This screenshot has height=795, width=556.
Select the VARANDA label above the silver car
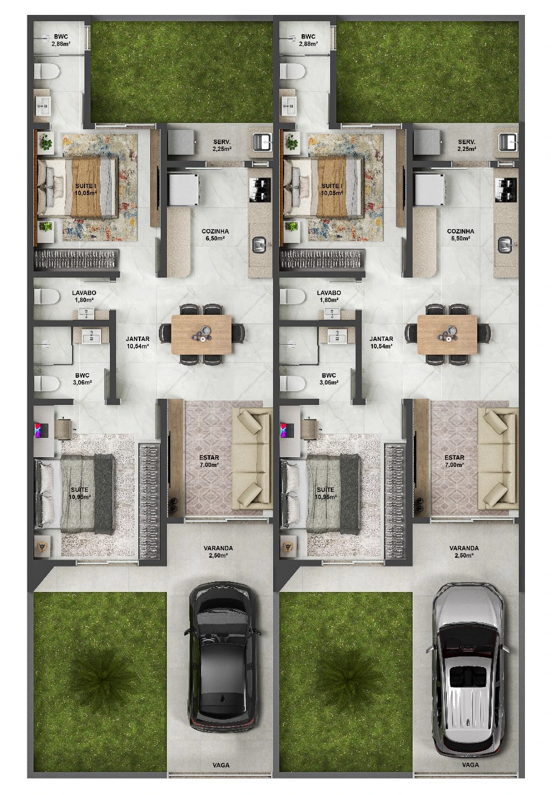click(x=464, y=548)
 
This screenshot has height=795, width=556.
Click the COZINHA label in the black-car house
click(x=215, y=231)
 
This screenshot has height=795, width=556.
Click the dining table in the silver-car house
click(x=447, y=334)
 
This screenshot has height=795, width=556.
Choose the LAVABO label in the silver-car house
click(x=329, y=293)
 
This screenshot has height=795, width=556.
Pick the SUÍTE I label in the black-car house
click(x=86, y=186)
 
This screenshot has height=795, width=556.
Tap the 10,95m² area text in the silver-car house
click(x=326, y=497)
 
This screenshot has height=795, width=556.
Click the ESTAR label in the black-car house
click(x=209, y=458)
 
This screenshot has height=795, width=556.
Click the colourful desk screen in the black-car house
click(x=38, y=430)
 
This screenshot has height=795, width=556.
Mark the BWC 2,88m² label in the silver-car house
click(x=308, y=40)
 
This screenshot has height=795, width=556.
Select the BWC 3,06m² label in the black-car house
click(x=82, y=379)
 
